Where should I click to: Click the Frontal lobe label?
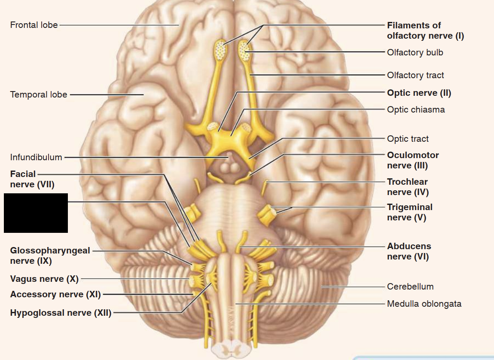coord(34,25)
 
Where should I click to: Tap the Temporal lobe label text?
coord(39,95)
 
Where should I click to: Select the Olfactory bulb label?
coord(415,52)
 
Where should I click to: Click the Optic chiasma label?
coord(416,110)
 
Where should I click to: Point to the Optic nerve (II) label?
coord(419,93)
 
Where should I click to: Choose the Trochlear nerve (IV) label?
coord(408,187)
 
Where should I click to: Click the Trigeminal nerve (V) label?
coord(409,212)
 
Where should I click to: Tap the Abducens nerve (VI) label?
coord(409,251)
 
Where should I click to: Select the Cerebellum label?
coord(410,287)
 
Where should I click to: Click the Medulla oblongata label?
coord(424,304)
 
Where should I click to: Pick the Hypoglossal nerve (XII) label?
coord(61,313)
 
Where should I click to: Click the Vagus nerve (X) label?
coord(44,279)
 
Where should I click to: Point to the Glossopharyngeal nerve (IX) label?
coord(50,256)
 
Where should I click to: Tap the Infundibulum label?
coord(36,157)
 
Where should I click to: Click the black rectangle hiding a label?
coord(36,213)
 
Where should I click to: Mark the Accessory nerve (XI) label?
coord(55,294)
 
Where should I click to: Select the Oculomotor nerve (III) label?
coord(413,160)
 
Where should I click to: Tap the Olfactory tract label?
coord(415,75)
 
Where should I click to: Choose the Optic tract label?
coord(408,139)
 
